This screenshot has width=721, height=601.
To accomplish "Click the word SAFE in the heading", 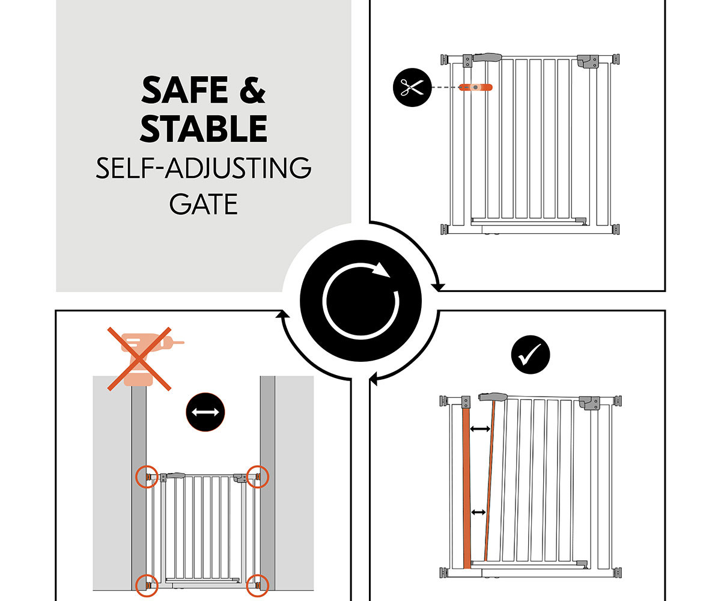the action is [184, 90].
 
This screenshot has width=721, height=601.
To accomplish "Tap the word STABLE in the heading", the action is [204, 129].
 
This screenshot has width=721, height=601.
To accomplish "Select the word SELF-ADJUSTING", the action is [204, 168].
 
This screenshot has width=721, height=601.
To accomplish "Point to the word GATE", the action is [204, 204].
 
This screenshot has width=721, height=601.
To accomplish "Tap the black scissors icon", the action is [412, 87].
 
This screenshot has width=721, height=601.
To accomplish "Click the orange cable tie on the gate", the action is [475, 87].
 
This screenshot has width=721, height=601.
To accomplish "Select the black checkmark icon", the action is [531, 355].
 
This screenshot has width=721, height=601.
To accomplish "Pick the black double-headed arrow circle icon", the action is [205, 412].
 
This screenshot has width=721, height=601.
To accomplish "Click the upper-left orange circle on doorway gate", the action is [147, 477].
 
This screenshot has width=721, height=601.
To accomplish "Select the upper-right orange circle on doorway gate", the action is [258, 477].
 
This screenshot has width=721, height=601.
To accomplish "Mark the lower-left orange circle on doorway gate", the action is [147, 585].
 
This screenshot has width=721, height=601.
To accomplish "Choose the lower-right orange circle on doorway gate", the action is [258, 585].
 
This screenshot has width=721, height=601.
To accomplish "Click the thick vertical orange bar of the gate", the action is [466, 489].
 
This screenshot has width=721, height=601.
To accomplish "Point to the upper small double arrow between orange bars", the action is [480, 429].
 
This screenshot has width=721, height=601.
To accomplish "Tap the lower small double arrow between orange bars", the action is [478, 512].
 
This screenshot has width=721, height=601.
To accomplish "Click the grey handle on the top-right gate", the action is [487, 57].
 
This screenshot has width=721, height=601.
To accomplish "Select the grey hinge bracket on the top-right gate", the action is [588, 61].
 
